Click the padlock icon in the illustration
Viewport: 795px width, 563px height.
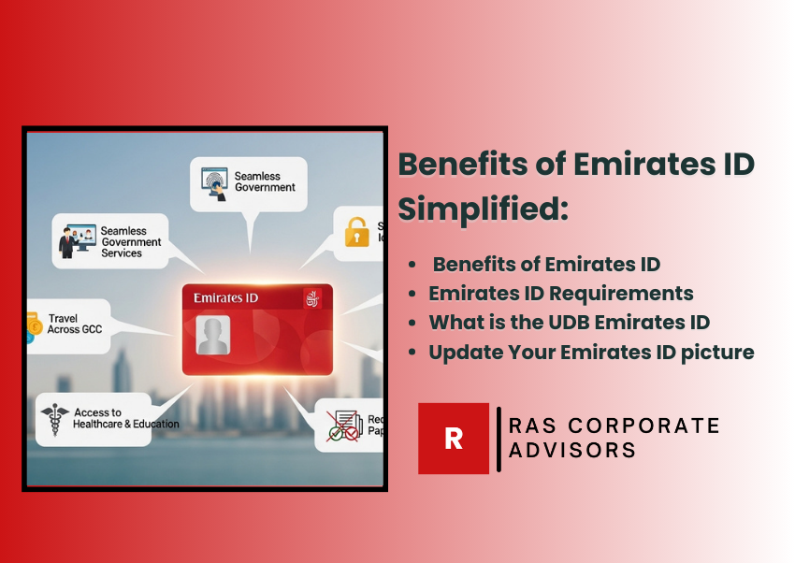(x=356, y=231)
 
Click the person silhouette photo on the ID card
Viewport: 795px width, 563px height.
(x=212, y=334)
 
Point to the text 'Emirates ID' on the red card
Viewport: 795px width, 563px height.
(x=225, y=297)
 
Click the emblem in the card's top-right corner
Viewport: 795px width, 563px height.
(x=311, y=298)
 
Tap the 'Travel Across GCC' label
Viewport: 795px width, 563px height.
(x=76, y=324)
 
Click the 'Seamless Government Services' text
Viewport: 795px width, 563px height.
(x=130, y=241)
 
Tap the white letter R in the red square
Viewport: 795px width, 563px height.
(x=454, y=439)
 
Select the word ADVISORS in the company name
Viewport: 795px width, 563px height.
(x=571, y=450)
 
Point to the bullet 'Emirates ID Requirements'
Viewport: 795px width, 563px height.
(x=561, y=293)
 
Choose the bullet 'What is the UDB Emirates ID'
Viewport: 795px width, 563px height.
(x=569, y=323)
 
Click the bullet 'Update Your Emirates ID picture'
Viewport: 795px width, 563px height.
(x=591, y=353)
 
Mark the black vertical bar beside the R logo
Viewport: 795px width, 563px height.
(x=499, y=439)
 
